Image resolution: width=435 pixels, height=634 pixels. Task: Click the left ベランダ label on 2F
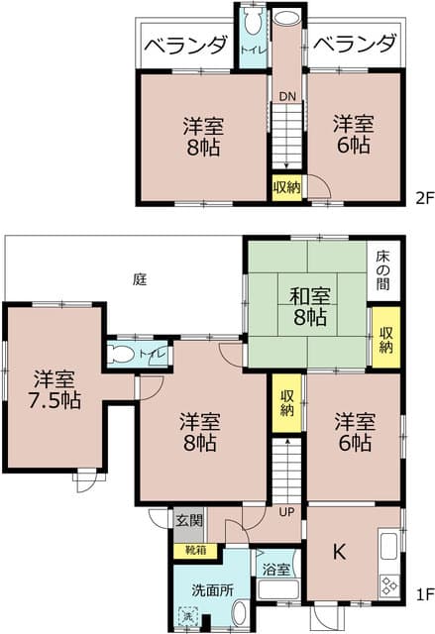click(x=186, y=45)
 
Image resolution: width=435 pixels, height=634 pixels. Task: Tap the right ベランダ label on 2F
click(x=355, y=45)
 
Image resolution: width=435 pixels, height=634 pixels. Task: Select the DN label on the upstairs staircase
click(x=286, y=96)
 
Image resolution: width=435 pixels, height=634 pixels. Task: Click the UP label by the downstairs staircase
click(x=286, y=512)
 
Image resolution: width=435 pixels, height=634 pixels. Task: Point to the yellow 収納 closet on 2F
click(x=286, y=186)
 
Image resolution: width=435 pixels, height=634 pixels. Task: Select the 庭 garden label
click(x=140, y=280)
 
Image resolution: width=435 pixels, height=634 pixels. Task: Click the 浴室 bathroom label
click(x=276, y=570)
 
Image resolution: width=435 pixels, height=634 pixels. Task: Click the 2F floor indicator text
click(x=423, y=197)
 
